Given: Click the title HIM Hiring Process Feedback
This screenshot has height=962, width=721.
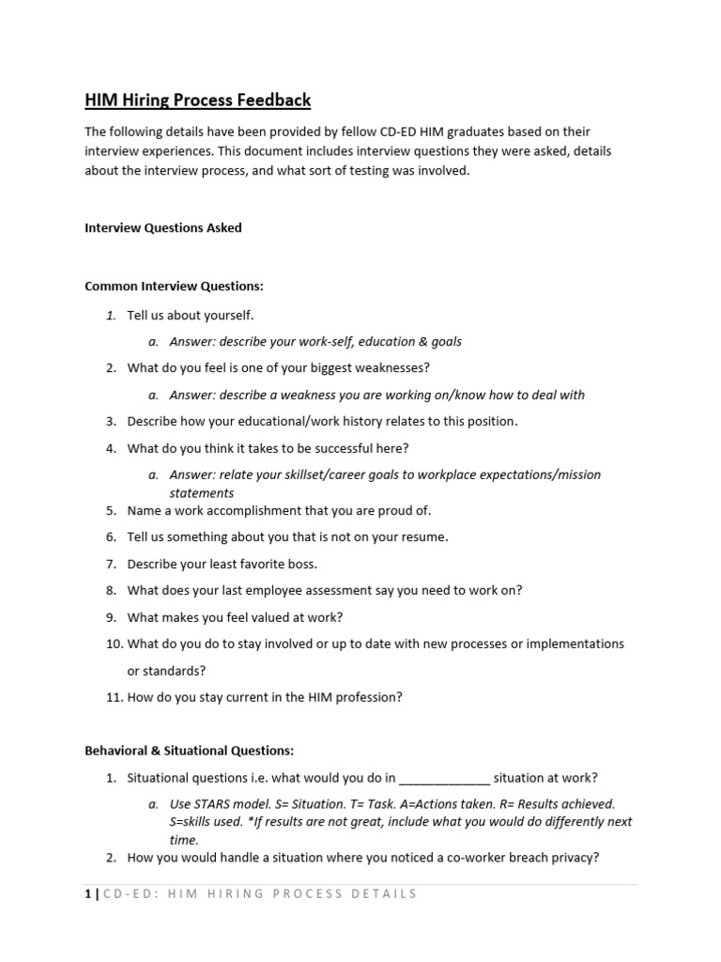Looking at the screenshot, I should click(x=197, y=100).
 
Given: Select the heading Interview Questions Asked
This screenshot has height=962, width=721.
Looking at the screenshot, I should click(x=163, y=227).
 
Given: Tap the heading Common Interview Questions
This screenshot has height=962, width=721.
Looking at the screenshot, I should click(x=175, y=286).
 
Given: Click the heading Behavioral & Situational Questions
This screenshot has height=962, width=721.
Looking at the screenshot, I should click(x=190, y=750).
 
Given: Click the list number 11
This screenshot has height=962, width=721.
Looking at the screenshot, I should click(x=112, y=697).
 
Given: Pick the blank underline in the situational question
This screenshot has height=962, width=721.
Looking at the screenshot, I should click(x=444, y=779).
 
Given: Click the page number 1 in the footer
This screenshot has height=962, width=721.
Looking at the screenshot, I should click(x=87, y=893).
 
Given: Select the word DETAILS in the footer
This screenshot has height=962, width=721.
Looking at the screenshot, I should click(x=384, y=893).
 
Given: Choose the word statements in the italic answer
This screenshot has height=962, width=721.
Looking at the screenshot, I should click(x=202, y=492).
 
